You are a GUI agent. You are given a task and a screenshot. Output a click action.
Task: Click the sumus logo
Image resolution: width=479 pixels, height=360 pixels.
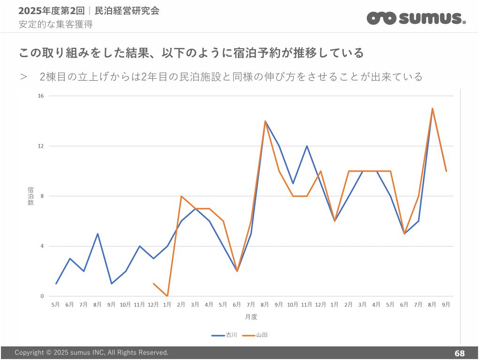pyautogui.click(x=416, y=18)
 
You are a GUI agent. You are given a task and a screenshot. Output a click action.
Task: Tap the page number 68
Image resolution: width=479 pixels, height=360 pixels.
pyautogui.click(x=459, y=353)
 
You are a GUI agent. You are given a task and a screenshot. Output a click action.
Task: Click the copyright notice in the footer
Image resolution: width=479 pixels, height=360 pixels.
pyautogui.click(x=91, y=352)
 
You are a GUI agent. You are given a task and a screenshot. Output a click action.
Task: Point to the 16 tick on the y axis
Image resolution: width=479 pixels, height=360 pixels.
pyautogui.click(x=40, y=96)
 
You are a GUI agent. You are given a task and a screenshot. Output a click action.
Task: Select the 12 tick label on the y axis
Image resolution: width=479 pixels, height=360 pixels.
pyautogui.click(x=40, y=146)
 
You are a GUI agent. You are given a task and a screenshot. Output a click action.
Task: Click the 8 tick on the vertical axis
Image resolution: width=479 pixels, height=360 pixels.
pyautogui.click(x=42, y=196)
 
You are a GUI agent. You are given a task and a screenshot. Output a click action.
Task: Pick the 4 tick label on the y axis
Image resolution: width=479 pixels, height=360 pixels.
pyautogui.click(x=42, y=246)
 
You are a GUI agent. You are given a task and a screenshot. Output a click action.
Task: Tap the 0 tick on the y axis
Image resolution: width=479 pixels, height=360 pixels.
pyautogui.click(x=42, y=296)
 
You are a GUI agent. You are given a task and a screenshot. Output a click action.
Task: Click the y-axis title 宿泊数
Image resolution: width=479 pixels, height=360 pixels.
pyautogui.click(x=30, y=196)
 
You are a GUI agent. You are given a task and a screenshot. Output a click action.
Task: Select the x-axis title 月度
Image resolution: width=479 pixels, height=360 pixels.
pyautogui.click(x=251, y=317)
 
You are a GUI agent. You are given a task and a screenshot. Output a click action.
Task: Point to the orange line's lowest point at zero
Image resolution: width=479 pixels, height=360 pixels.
pyautogui.click(x=167, y=296)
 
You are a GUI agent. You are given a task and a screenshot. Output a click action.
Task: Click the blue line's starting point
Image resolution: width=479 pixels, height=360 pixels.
pyautogui.click(x=56, y=284)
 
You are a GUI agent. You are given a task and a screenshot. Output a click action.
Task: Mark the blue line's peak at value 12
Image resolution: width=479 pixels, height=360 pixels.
pyautogui.click(x=307, y=146)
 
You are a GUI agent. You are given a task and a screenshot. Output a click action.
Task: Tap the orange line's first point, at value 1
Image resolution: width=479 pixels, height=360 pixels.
pyautogui.click(x=153, y=284)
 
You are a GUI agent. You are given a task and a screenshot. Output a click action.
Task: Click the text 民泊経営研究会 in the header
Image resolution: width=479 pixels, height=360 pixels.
pyautogui.click(x=127, y=11)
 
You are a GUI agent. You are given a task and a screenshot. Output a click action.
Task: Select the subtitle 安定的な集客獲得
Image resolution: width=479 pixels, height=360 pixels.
pyautogui.click(x=55, y=24)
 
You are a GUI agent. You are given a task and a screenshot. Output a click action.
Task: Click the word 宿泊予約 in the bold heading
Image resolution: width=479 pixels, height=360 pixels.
pyautogui.click(x=254, y=53)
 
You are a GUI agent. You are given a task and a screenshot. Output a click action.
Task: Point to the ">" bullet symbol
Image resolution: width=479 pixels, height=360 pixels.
pyautogui.click(x=24, y=76)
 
